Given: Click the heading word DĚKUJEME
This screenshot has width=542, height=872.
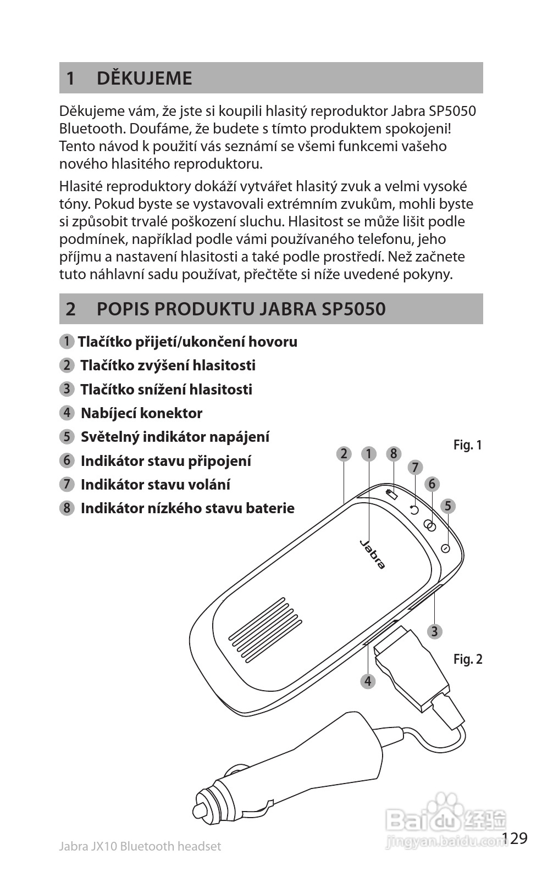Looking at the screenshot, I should [x=144, y=78].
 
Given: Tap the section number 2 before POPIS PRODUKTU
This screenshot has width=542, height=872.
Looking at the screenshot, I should [x=70, y=309].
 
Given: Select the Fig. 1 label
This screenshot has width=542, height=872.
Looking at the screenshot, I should [x=467, y=445].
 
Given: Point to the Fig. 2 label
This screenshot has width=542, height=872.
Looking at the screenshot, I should [x=468, y=659].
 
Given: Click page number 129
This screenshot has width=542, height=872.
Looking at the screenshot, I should [x=515, y=838].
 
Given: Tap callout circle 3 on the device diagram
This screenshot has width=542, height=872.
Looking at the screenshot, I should [x=434, y=631].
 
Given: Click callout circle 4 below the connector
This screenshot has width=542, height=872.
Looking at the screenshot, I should [x=368, y=681].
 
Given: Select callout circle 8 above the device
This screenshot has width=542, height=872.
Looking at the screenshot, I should [x=393, y=454].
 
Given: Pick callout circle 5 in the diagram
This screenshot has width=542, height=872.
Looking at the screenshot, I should [x=448, y=506].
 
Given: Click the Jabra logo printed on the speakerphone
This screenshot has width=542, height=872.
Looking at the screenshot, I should [x=373, y=554].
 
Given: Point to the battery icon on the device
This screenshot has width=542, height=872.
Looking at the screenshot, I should [x=391, y=494].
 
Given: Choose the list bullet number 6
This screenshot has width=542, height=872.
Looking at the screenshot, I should [x=67, y=460].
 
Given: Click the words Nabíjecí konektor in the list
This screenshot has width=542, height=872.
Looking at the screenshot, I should [x=141, y=413].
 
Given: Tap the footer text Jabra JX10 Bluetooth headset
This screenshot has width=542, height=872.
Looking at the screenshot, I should [x=140, y=846].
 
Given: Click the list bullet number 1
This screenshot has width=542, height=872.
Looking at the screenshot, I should [x=67, y=341].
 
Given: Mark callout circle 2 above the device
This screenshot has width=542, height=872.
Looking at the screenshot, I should [x=344, y=454].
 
